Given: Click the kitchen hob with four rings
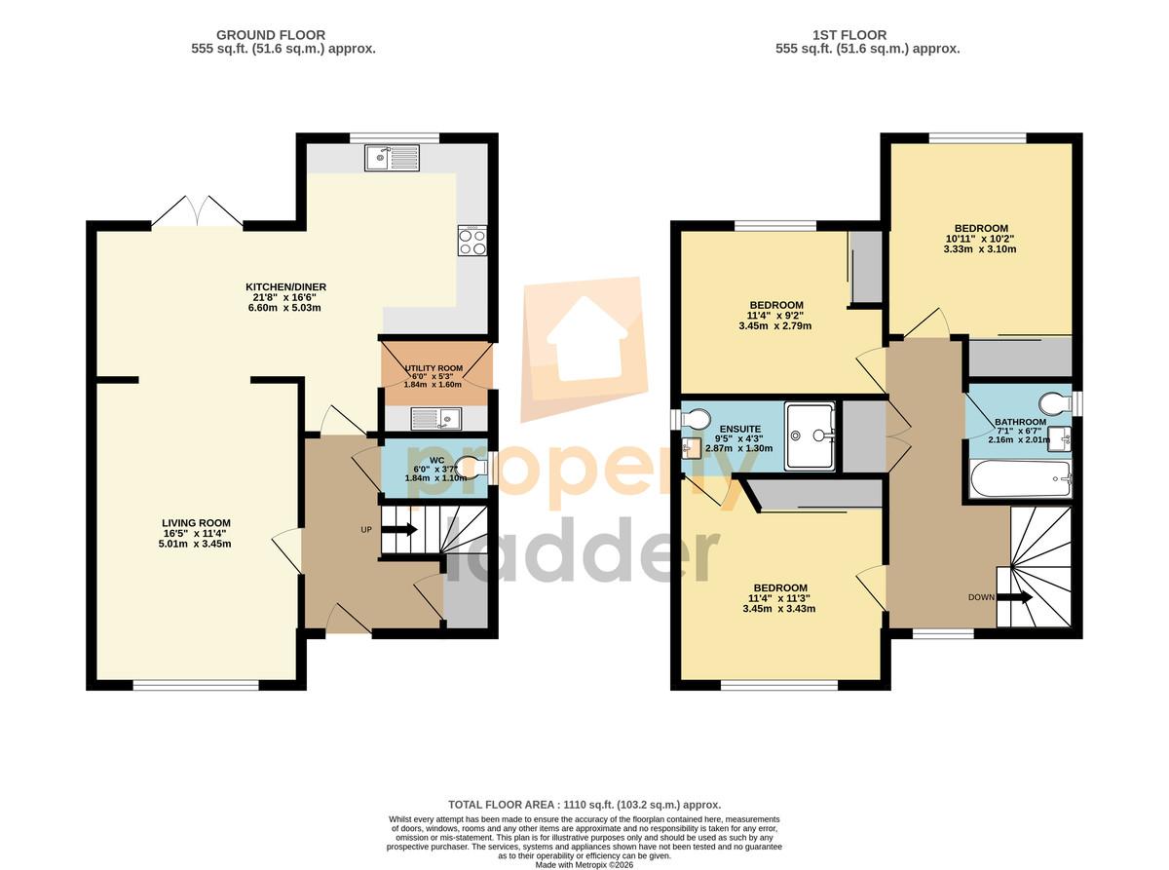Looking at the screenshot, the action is pos(471,241).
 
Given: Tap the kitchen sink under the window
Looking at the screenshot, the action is pos(392,158).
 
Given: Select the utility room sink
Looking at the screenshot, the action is pos(435,419).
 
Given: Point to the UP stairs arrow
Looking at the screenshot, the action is pos(398,529).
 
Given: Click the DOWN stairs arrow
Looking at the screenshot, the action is pos(1013,597).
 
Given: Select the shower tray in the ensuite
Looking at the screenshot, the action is pos(810,435).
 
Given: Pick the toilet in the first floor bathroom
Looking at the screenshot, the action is pos(1057,403).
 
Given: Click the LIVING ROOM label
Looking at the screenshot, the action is pos(196,523).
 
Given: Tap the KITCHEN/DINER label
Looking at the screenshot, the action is pos(285,286).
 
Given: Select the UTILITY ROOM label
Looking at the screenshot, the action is pos(434,368).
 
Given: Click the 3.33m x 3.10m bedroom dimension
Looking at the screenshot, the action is pos(980,248).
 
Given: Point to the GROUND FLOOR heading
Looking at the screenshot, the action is pos(271,35).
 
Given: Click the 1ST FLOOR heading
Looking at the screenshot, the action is pos(849,35).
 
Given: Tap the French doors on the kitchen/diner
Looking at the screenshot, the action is pos(198,212).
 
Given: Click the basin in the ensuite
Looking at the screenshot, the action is pos(691,448).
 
